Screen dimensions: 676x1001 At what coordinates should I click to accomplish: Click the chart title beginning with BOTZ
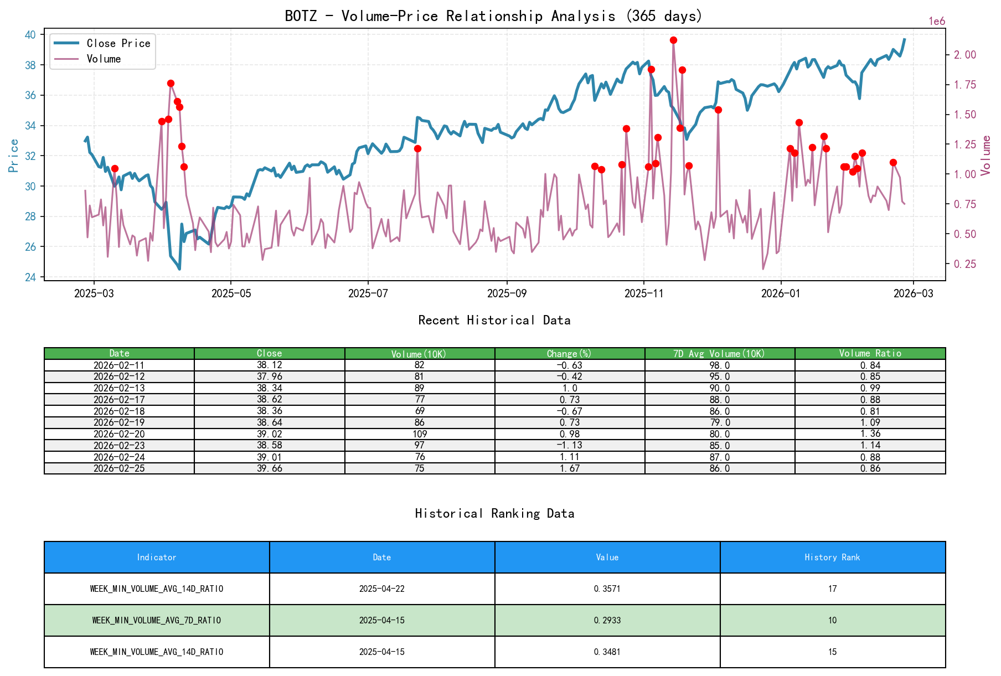[493, 16]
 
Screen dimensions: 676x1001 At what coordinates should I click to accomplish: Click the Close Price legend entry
[118, 44]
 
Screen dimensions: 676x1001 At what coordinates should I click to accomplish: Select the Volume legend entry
[104, 59]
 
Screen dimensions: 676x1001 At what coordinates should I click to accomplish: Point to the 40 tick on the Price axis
[30, 35]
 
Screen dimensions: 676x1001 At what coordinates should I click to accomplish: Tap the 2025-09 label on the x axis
[507, 293]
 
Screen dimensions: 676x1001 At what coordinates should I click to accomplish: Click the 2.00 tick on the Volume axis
[964, 55]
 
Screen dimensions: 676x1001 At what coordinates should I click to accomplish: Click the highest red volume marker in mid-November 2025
[673, 40]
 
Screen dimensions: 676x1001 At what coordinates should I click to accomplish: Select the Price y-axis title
[14, 156]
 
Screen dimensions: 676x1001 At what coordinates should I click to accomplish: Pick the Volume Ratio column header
[870, 353]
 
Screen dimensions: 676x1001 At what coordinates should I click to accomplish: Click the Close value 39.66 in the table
[269, 468]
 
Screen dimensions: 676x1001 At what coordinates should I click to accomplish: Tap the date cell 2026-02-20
[119, 434]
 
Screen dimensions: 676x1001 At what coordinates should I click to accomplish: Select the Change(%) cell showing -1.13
[570, 446]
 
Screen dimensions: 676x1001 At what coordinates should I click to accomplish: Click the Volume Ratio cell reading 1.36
[870, 434]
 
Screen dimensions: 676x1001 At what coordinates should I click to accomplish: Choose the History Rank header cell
[832, 558]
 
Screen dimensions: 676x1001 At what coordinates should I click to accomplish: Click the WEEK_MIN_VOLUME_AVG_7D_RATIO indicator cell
[157, 621]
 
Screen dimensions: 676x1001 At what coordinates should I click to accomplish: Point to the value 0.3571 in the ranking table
[607, 589]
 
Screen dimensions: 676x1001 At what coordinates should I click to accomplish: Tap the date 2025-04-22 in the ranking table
[381, 589]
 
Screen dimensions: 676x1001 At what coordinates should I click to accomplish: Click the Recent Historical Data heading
[494, 321]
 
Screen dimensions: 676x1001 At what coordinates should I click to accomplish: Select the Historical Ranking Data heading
[494, 514]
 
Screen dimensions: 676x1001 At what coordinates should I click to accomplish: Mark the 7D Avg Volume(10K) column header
[719, 353]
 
